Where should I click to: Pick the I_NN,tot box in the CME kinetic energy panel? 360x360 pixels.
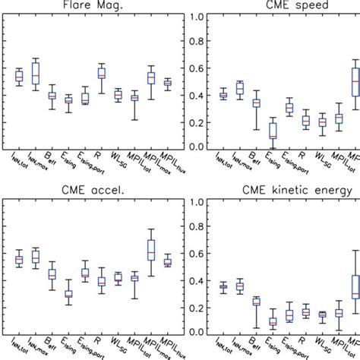pos(223,286)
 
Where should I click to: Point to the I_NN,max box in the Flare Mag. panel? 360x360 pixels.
pos(36,73)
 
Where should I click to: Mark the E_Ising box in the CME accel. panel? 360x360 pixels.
pos(68,294)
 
